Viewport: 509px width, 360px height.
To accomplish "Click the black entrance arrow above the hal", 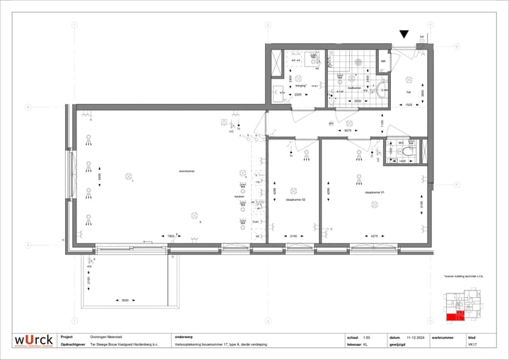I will pyautogui.click(x=404, y=34).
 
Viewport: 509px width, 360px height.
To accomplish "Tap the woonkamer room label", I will pyautogui.click(x=167, y=170).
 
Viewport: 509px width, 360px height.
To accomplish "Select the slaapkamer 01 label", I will pyautogui.click(x=373, y=192).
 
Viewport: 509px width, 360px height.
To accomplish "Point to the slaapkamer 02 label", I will pyautogui.click(x=296, y=199).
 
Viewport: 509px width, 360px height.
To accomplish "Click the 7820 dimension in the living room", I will pyautogui.click(x=170, y=236).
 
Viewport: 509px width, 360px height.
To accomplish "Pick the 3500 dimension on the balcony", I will pyautogui.click(x=124, y=301).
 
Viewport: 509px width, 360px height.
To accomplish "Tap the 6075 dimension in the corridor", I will pyautogui.click(x=348, y=130).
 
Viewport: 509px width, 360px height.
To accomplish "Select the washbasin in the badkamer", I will pyautogui.click(x=382, y=90).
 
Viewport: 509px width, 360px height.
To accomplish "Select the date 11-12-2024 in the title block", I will pyautogui.click(x=414, y=337).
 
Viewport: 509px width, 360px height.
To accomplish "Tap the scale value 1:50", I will pyautogui.click(x=366, y=337).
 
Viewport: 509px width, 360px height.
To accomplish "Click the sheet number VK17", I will pyautogui.click(x=472, y=345).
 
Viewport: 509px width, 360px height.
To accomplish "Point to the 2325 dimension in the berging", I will pyautogui.click(x=298, y=94).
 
